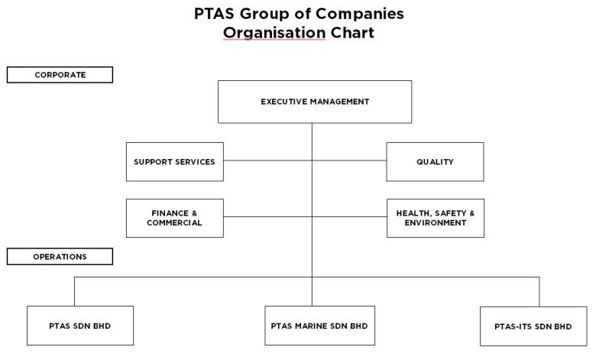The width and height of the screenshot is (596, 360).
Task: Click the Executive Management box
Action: (x=315, y=102)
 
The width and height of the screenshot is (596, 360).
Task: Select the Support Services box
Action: (x=175, y=162)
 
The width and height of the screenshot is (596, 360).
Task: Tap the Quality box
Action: (x=436, y=162)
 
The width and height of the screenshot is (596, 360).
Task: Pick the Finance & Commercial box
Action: (x=175, y=218)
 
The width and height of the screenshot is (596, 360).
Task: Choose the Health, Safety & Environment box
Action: (x=436, y=218)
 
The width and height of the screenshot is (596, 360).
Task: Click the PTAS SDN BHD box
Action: (x=80, y=326)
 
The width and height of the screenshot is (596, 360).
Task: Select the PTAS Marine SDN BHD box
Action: (x=319, y=326)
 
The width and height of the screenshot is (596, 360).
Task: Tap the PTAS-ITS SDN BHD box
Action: (x=533, y=326)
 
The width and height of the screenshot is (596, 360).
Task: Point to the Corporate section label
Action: (x=60, y=75)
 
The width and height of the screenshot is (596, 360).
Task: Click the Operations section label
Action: (x=60, y=257)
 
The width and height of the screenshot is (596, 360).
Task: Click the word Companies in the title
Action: (x=360, y=14)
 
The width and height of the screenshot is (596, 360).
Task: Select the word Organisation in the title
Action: (x=274, y=33)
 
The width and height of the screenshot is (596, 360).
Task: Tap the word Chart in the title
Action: (x=352, y=32)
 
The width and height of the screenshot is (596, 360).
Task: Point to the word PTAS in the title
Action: (x=215, y=13)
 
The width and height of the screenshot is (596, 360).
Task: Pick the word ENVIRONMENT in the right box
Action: (x=436, y=222)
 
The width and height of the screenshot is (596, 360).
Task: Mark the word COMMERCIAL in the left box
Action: (x=174, y=222)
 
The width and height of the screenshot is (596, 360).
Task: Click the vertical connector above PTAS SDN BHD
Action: (x=75, y=291)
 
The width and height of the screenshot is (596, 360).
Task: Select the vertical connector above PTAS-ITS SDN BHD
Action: (x=539, y=292)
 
